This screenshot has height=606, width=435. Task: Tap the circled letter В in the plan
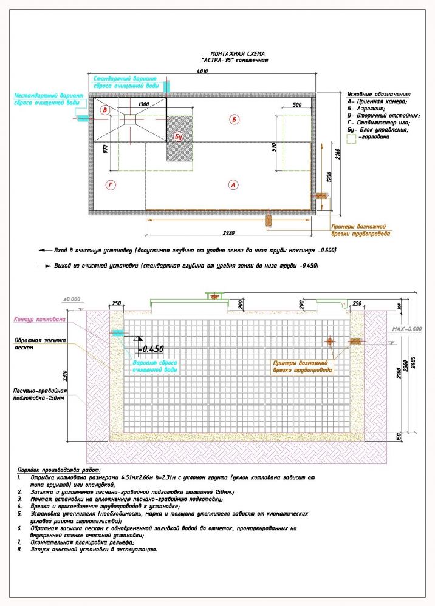105,110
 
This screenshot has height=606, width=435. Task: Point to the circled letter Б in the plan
233,120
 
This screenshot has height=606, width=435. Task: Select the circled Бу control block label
178,136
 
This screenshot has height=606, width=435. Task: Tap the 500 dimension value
297,106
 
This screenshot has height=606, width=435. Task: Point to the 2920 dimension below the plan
230,233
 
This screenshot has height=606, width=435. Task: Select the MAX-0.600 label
406,328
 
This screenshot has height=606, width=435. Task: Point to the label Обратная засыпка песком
35,345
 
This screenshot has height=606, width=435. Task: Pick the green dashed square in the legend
351,138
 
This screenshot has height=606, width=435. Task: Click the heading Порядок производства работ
59,470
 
